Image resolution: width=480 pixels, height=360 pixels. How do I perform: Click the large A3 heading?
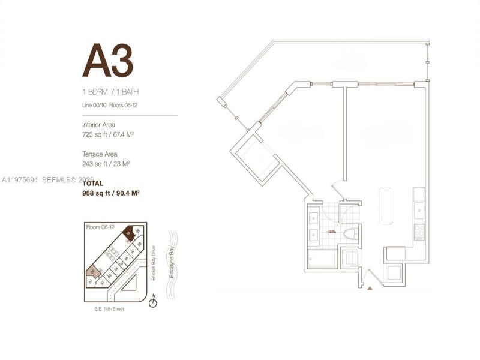point(107,61)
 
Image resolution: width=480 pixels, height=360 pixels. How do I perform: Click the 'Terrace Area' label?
point(99,154)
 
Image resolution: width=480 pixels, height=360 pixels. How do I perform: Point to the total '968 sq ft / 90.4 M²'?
point(112,193)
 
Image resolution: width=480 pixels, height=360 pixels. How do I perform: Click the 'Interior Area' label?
point(99,125)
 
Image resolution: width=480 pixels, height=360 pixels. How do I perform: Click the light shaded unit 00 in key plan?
point(91,272)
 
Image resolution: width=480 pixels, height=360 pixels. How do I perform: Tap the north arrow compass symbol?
point(153,302)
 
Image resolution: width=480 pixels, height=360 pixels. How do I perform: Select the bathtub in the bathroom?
point(322,260)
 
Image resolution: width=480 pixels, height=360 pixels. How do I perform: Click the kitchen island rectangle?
point(386,206)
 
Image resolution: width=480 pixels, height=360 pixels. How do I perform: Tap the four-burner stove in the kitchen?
point(418,231)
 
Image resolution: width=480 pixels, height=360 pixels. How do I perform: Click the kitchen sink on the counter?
point(418,210)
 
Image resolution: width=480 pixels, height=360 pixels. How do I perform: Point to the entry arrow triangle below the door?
point(370,288)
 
